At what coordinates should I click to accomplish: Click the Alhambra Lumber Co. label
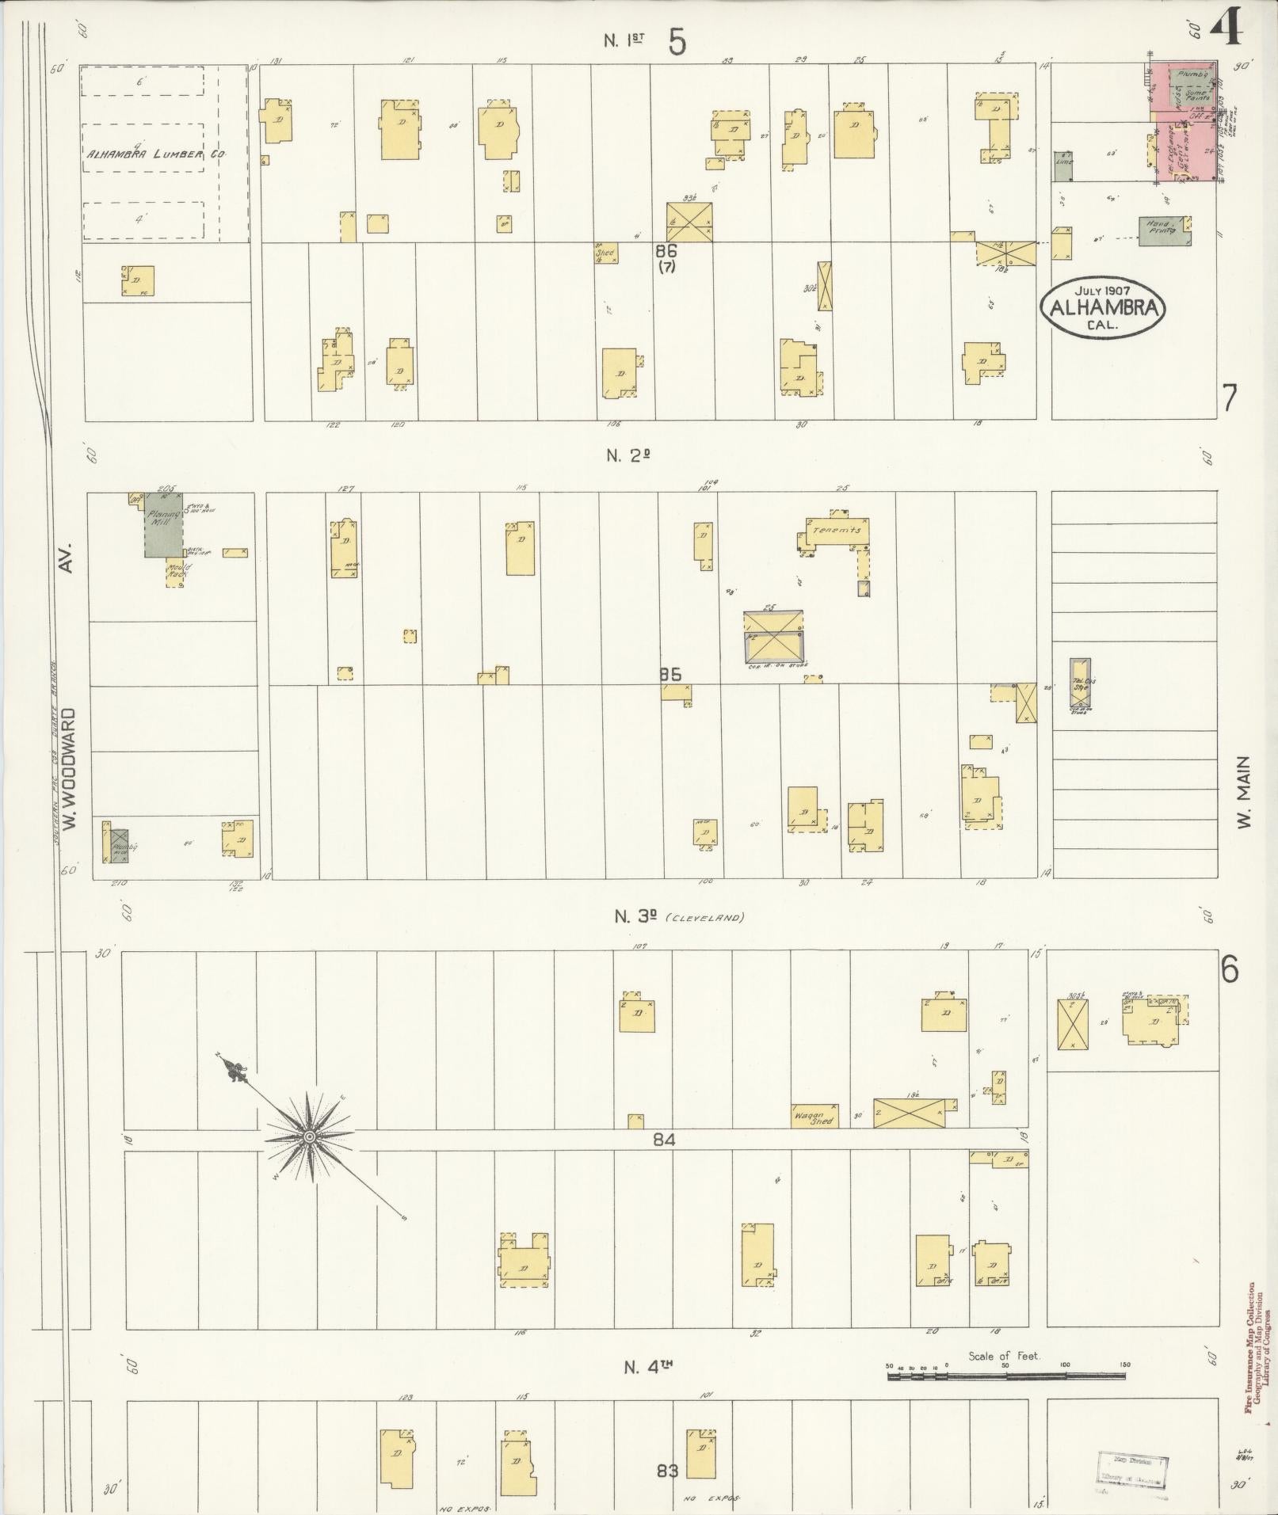coord(155,154)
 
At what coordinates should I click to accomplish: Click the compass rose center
coord(310,1138)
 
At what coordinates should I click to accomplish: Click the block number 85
coord(670,675)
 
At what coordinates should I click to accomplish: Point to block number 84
coord(664,1140)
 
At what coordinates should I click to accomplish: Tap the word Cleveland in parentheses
coord(704,918)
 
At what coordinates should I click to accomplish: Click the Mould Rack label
coord(175,571)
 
